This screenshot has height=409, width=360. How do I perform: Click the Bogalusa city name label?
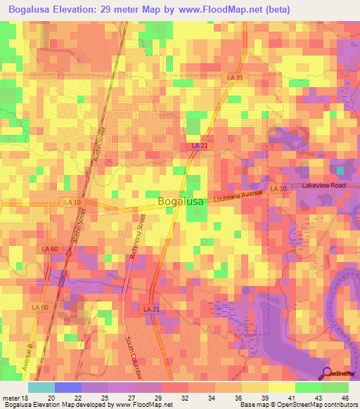[x=181, y=202]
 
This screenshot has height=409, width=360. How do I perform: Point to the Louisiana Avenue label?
[x=238, y=194]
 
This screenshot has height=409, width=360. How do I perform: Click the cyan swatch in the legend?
[x=41, y=387]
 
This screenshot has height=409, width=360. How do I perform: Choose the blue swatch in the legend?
[x=68, y=387]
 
